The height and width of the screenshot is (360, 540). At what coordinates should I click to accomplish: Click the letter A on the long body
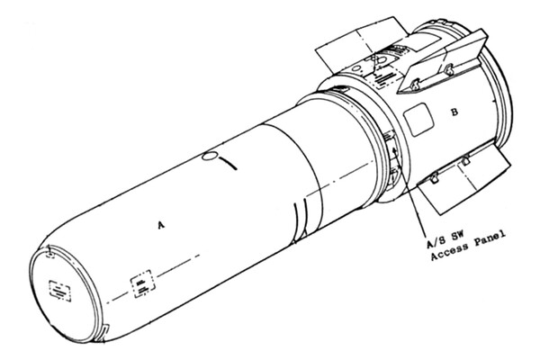160,226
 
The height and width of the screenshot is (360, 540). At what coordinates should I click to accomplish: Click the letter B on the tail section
454,112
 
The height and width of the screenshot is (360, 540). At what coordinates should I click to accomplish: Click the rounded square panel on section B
416,117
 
